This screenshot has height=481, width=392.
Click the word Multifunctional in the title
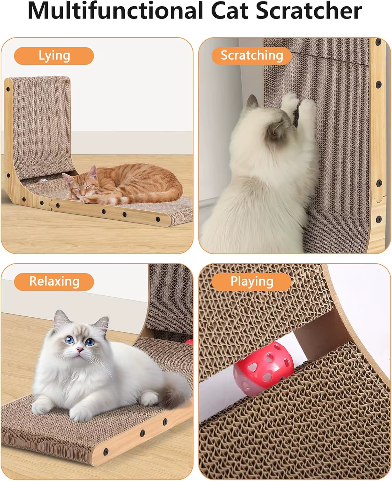pyautogui.click(x=115, y=11)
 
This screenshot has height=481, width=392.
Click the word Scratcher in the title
pyautogui.click(x=309, y=11)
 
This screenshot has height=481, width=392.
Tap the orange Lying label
pyautogui.click(x=54, y=56)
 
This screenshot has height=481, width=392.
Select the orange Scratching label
pyautogui.click(x=252, y=56)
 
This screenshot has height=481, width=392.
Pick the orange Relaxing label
pyautogui.click(x=54, y=282)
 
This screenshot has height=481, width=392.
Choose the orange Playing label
pyautogui.click(x=252, y=282)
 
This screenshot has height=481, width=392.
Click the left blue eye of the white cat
pyautogui.click(x=69, y=340)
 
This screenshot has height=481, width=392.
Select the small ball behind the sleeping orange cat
pyautogui.click(x=42, y=181)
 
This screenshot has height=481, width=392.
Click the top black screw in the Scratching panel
pyautogui.click(x=378, y=42)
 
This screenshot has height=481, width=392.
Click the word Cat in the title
pyautogui.click(x=229, y=11)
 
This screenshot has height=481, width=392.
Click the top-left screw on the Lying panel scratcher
pyautogui.click(x=8, y=89)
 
